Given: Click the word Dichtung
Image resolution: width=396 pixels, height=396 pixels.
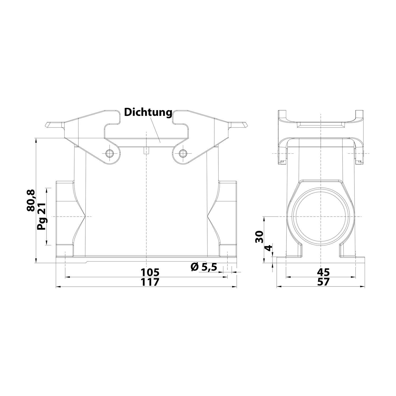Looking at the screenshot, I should coord(148,112).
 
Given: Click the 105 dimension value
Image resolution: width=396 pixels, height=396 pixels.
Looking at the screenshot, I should coord(150,272).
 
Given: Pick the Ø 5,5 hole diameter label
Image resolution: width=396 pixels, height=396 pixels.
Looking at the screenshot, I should coord(204,267).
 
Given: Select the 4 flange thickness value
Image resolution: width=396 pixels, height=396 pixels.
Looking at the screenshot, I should coord(268,248).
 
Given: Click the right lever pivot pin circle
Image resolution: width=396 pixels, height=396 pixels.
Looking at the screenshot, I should coord(182,153).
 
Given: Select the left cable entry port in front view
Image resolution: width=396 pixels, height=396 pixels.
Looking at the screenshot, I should coord(65,216).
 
